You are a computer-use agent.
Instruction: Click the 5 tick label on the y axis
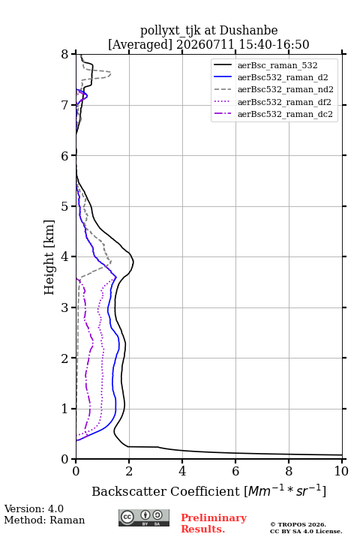coord(64,206)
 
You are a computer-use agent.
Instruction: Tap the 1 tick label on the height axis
coord(64,409)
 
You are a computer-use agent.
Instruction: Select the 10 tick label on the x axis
coord(341,471)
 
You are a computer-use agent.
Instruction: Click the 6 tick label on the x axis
coord(235,471)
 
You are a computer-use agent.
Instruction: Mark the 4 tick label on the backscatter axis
coord(182,471)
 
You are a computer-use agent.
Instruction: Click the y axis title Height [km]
coord(49,257)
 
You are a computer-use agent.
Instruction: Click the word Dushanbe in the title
coord(248,31)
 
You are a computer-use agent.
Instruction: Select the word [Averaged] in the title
coord(140,45)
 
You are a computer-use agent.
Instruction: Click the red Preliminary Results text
coord(214,523)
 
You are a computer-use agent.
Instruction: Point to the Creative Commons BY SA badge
coord(144,517)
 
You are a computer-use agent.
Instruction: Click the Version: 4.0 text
coord(34,508)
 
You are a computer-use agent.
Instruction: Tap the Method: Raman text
coord(44,520)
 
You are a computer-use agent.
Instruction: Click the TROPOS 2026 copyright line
coord(298,524)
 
